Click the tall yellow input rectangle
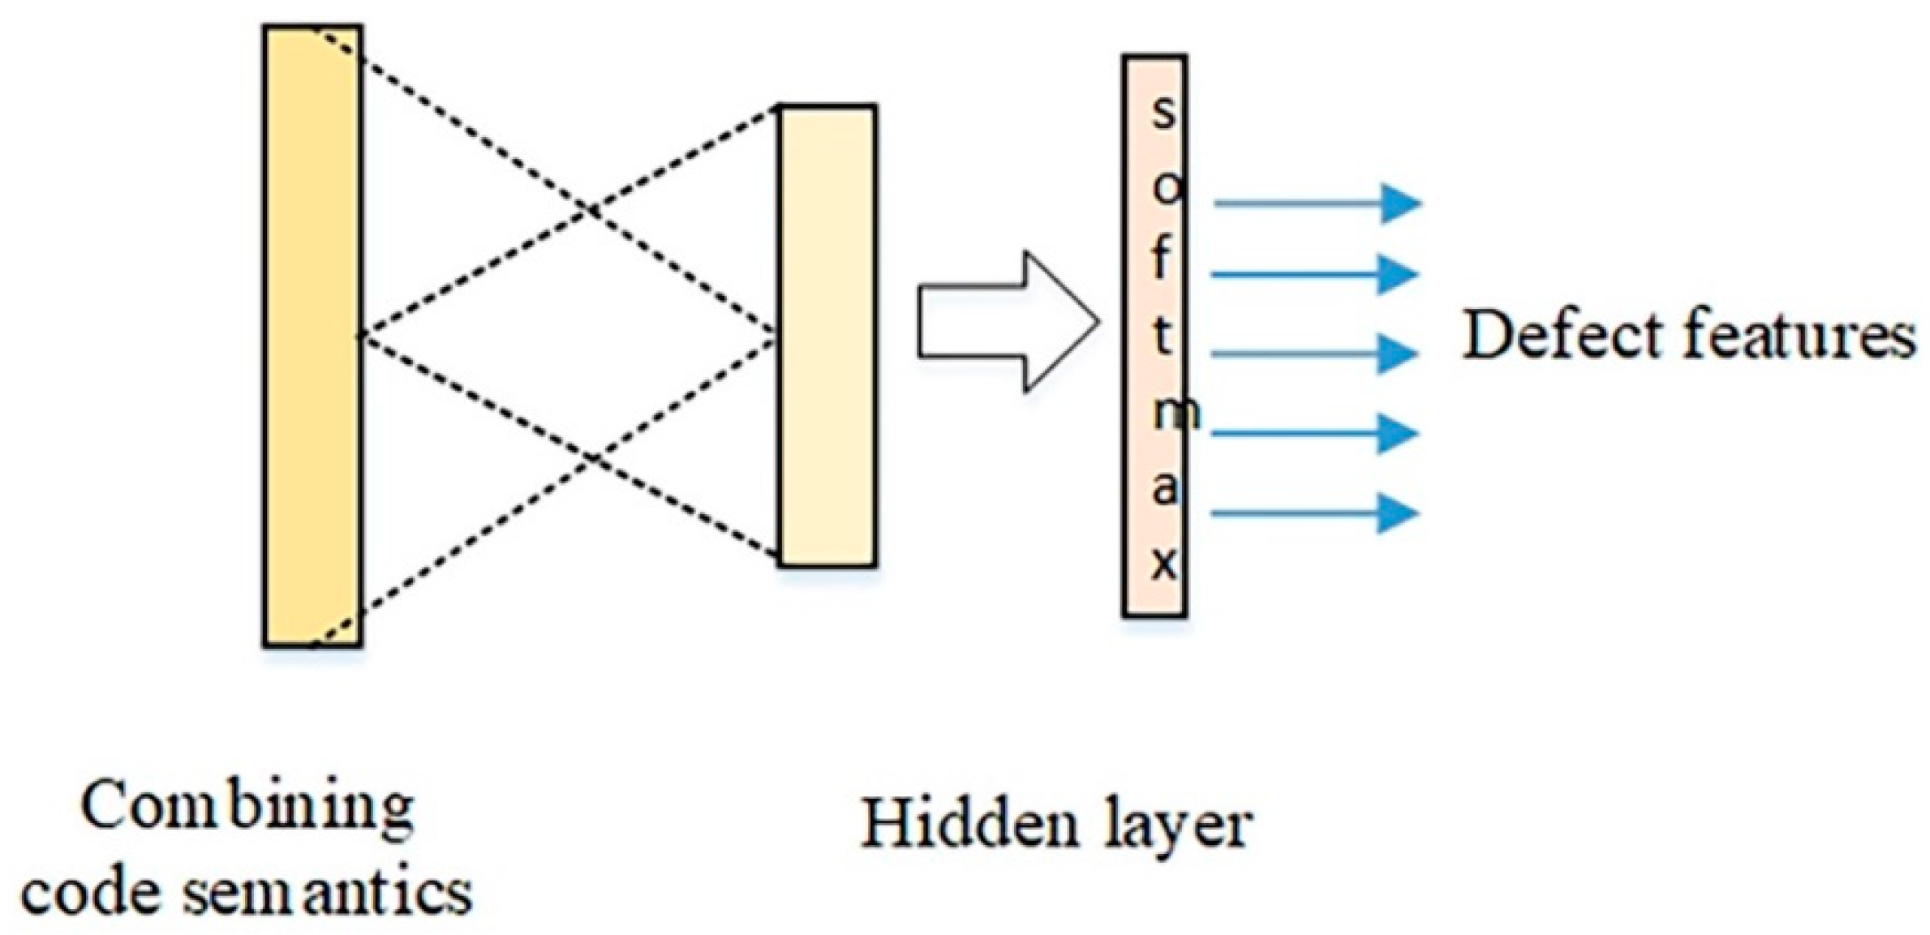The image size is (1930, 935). point(312,336)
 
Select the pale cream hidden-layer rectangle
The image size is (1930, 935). point(827,336)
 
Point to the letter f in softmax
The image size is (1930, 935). point(1162,259)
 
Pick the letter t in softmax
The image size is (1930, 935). point(1163,336)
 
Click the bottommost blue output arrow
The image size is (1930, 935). point(1314,513)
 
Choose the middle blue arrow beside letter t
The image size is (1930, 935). point(1314,354)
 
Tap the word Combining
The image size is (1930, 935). point(247,807)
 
